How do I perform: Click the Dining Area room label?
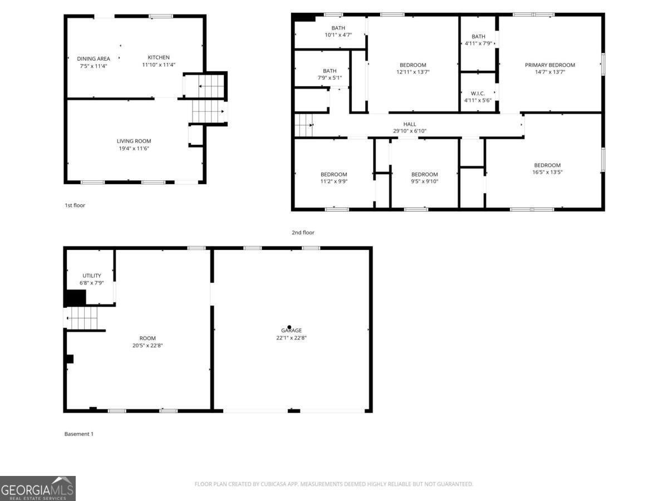pyautogui.click(x=94, y=58)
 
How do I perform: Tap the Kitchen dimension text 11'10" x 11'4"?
pyautogui.click(x=158, y=65)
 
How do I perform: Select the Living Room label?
pyautogui.click(x=134, y=141)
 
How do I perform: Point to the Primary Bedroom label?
pyautogui.click(x=549, y=65)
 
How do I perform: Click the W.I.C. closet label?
pyautogui.click(x=478, y=93)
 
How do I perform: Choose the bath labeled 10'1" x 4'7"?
pyautogui.click(x=338, y=28)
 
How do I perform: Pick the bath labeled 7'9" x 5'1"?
pyautogui.click(x=330, y=71)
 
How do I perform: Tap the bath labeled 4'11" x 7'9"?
pyautogui.click(x=478, y=37)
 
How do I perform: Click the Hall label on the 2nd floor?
pyautogui.click(x=410, y=124)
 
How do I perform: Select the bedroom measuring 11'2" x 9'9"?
pyautogui.click(x=333, y=174)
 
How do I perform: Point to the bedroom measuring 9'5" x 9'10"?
pyautogui.click(x=424, y=174)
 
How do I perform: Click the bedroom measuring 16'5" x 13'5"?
pyautogui.click(x=547, y=165)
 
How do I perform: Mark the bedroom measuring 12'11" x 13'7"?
pyautogui.click(x=412, y=65)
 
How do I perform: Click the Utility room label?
pyautogui.click(x=92, y=276)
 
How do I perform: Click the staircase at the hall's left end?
pyautogui.click(x=303, y=125)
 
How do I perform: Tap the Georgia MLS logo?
pyautogui.click(x=38, y=488)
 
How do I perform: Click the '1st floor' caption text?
pyautogui.click(x=75, y=205)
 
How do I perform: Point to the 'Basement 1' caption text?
pyautogui.click(x=78, y=434)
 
